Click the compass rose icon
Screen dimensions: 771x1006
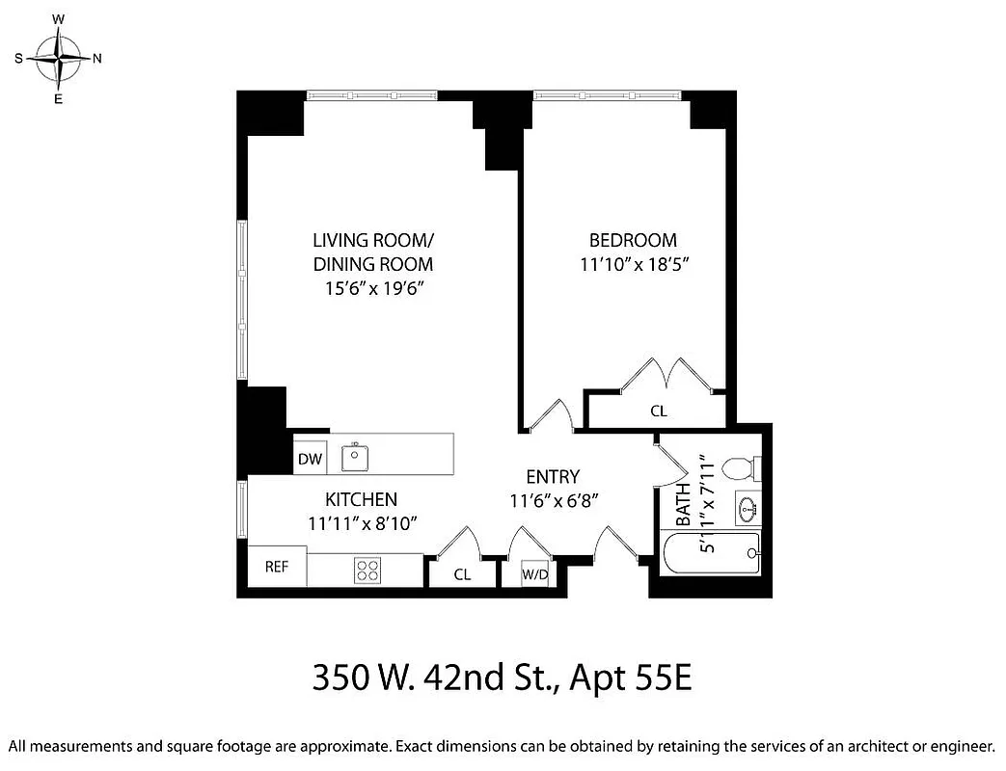(x=59, y=58)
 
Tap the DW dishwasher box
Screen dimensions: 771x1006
(x=310, y=460)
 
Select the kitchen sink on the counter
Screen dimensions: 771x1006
(x=356, y=455)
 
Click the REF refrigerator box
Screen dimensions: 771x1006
(x=278, y=567)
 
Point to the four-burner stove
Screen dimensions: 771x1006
(x=367, y=570)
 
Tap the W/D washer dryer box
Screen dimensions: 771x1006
(x=534, y=573)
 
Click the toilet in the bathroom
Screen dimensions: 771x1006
(x=741, y=468)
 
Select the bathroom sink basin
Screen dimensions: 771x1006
(x=748, y=507)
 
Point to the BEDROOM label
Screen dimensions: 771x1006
(x=633, y=240)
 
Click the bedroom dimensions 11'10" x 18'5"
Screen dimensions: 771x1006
(x=633, y=262)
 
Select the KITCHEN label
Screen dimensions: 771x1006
(x=361, y=499)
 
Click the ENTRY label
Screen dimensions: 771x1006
(x=553, y=476)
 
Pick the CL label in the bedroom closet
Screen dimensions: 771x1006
(x=659, y=412)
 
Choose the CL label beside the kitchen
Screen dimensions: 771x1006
(x=462, y=574)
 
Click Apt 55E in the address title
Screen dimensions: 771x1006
(x=631, y=678)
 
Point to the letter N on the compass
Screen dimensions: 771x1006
(x=97, y=58)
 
